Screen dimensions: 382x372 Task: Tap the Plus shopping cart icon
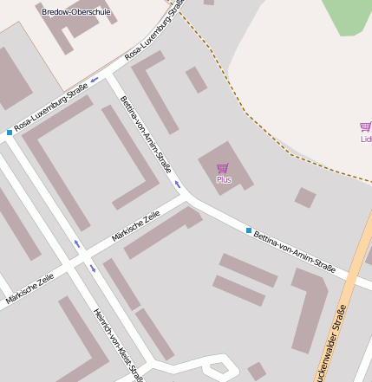tap(223, 168)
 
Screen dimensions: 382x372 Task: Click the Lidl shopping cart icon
tap(366, 127)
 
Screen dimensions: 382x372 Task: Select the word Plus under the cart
tap(224, 180)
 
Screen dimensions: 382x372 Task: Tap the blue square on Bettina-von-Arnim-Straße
tap(248, 230)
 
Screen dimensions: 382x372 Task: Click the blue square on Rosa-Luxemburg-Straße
tap(10, 133)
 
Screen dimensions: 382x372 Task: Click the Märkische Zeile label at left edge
tap(29, 288)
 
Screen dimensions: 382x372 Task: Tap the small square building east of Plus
tap(304, 197)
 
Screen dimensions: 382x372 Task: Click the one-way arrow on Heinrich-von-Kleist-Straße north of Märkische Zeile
tap(76, 244)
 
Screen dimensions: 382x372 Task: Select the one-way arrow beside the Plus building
tap(178, 184)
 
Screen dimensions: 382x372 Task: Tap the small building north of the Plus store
tap(197, 80)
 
